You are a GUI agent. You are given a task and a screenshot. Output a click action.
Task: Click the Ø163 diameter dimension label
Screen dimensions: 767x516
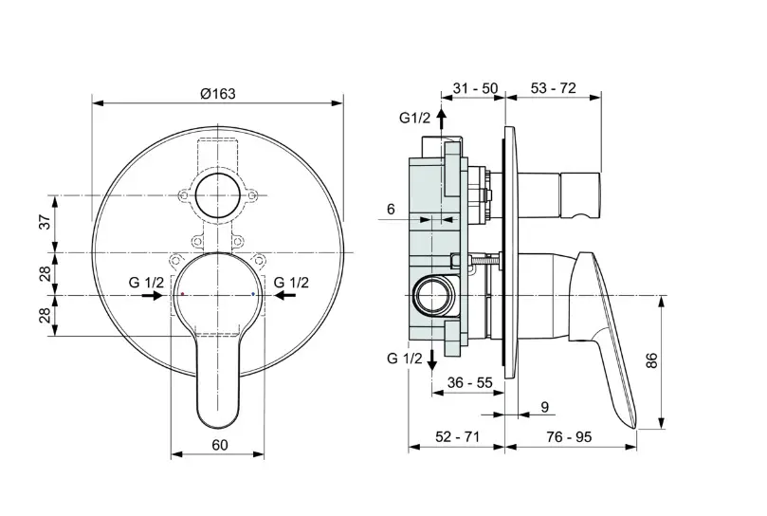pyautogui.click(x=218, y=93)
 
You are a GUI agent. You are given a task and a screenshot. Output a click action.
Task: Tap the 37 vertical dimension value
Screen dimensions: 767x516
pyautogui.click(x=45, y=222)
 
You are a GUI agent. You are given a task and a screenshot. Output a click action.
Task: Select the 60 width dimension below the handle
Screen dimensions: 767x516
pyautogui.click(x=220, y=445)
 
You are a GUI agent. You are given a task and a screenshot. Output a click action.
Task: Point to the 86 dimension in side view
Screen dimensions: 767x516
pyautogui.click(x=652, y=359)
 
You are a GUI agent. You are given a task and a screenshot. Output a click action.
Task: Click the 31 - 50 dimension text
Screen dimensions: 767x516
pyautogui.click(x=475, y=88)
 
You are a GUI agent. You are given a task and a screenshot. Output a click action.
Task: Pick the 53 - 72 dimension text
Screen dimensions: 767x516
pyautogui.click(x=554, y=88)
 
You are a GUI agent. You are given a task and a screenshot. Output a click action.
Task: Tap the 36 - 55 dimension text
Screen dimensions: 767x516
pyautogui.click(x=470, y=382)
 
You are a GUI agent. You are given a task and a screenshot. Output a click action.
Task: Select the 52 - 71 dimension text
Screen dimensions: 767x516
pyautogui.click(x=458, y=436)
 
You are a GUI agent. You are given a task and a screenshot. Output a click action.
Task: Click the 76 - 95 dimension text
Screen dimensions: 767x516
pyautogui.click(x=569, y=436)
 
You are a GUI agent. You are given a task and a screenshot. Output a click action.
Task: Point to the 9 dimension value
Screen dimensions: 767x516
pyautogui.click(x=545, y=407)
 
